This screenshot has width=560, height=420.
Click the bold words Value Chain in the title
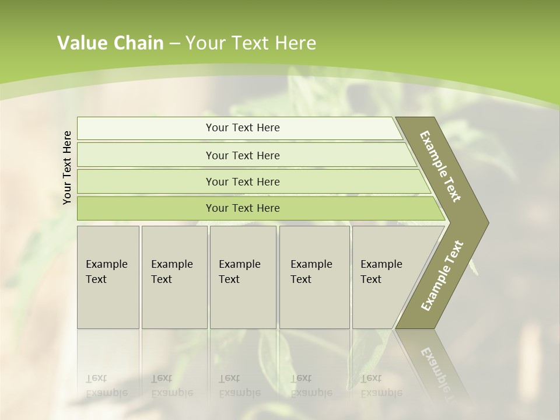[110, 43]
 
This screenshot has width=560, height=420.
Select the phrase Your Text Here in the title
[251, 43]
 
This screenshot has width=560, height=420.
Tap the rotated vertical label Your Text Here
[67, 167]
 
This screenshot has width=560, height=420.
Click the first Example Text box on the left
[108, 277]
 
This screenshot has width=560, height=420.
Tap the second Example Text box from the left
[174, 277]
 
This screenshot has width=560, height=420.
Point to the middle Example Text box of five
[243, 277]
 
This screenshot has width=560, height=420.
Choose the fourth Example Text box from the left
[314, 277]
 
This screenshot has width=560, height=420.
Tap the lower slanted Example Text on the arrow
[442, 275]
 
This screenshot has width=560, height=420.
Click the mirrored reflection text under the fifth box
[381, 386]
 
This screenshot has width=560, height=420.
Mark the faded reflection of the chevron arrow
[435, 367]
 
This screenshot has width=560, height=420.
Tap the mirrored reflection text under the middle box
[239, 386]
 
